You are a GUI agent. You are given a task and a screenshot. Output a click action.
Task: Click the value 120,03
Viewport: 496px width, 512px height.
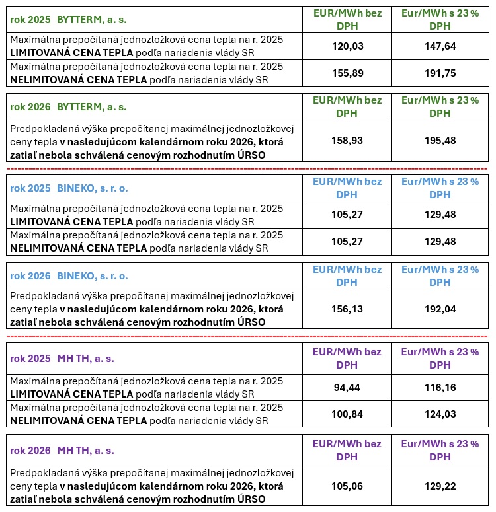click(x=347, y=46)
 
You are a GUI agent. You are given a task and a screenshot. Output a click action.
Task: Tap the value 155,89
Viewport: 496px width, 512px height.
click(x=347, y=73)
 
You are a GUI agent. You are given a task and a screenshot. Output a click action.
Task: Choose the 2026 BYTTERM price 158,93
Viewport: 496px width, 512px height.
click(x=347, y=141)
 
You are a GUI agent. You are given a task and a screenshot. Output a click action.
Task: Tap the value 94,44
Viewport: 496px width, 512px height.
click(x=347, y=387)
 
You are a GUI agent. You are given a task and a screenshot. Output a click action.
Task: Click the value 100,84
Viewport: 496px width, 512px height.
click(x=347, y=414)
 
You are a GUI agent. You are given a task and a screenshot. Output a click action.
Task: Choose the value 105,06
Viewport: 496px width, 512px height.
click(x=347, y=486)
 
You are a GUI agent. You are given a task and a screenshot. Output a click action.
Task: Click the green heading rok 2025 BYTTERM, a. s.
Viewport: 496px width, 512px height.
click(x=68, y=19)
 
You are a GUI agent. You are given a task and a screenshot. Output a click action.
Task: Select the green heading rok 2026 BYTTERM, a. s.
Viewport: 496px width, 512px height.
click(x=68, y=106)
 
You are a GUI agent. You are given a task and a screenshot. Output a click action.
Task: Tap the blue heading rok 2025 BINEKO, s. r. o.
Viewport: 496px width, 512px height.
click(x=69, y=188)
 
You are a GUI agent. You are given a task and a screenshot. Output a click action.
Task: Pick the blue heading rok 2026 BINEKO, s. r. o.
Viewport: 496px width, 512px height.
click(x=69, y=275)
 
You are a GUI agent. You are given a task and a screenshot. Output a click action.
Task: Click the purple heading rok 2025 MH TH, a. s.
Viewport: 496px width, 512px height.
click(x=62, y=359)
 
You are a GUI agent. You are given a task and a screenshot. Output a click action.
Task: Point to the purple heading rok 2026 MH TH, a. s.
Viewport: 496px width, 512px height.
click(x=62, y=451)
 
